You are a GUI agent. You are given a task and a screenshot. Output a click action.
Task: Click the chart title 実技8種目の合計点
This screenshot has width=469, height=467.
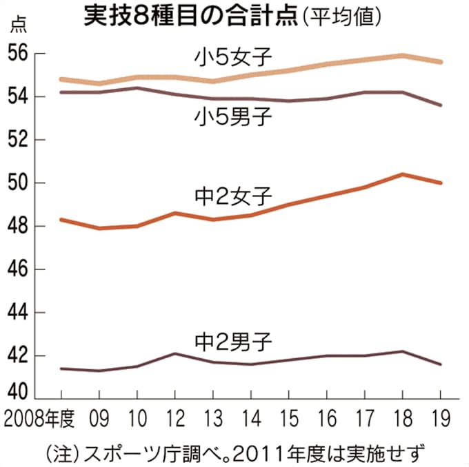[189, 16]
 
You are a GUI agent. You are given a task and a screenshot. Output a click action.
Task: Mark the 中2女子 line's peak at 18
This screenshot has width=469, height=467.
[403, 174]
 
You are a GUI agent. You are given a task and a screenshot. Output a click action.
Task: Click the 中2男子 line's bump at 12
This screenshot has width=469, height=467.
[174, 354]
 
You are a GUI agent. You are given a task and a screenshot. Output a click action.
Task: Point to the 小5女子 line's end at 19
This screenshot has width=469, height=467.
[441, 62]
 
